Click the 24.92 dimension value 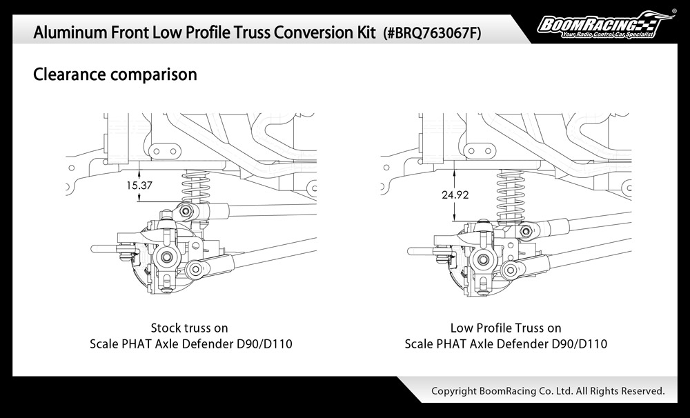point(455,195)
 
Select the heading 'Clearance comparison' point(115,74)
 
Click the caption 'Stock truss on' point(189,328)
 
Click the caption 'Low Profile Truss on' point(506,328)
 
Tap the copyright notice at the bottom point(548,391)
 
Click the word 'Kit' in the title point(364,32)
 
